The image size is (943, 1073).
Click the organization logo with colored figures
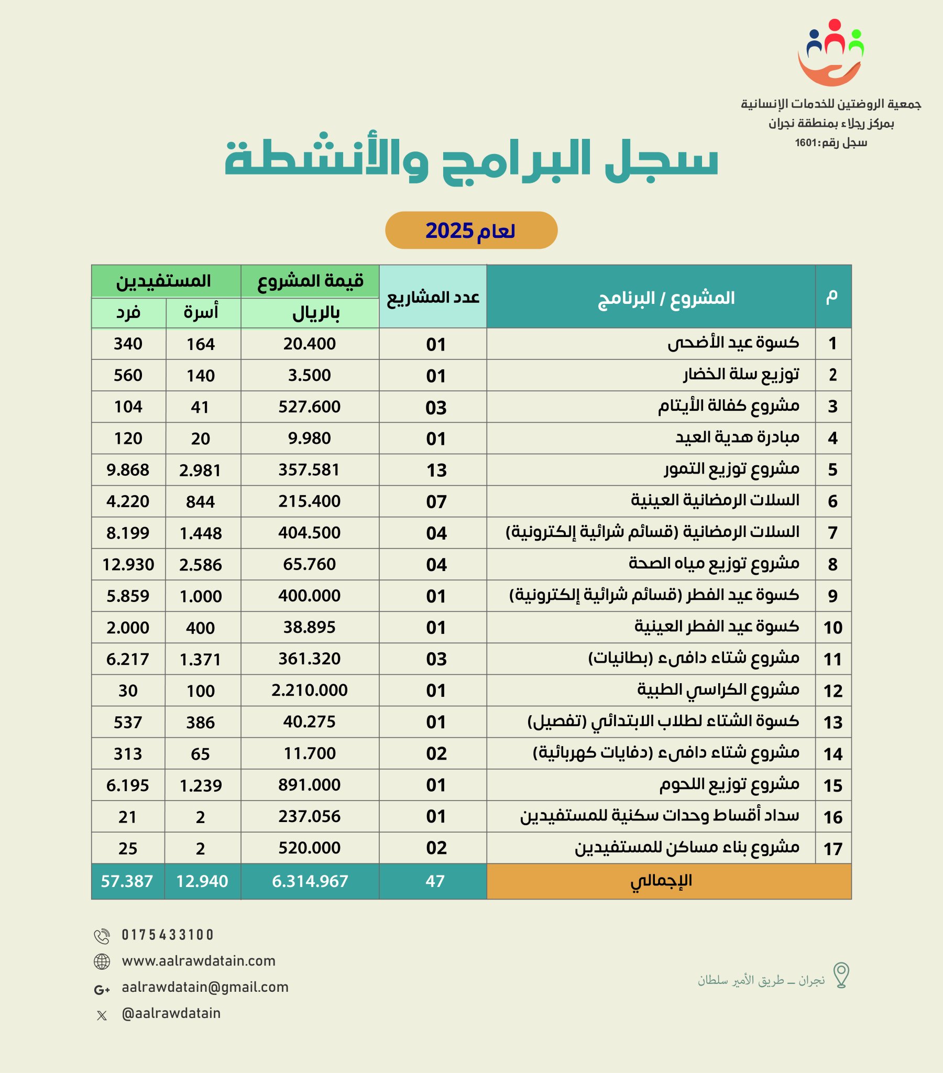click(831, 52)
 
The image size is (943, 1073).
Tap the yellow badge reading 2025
click(471, 231)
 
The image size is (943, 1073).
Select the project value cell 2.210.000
click(309, 691)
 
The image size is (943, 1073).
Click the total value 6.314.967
click(310, 881)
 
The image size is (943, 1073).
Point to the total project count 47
click(435, 881)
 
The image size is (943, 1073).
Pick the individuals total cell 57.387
click(127, 881)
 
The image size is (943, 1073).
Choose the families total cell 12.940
click(202, 881)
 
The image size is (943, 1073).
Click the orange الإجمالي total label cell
click(661, 881)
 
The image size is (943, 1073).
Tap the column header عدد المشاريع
click(433, 297)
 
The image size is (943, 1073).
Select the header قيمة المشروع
click(310, 281)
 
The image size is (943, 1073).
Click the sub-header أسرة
click(201, 313)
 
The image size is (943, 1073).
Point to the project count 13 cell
click(436, 470)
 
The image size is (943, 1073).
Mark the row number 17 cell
click(834, 849)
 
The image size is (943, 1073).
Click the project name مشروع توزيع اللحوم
click(729, 785)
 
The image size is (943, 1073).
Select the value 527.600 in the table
click(309, 407)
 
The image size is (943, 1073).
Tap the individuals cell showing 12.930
click(128, 564)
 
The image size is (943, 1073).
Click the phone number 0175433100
click(168, 935)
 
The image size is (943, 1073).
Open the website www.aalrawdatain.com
click(199, 961)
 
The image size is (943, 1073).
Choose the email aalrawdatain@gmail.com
click(205, 988)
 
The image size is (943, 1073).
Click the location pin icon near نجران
click(841, 976)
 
